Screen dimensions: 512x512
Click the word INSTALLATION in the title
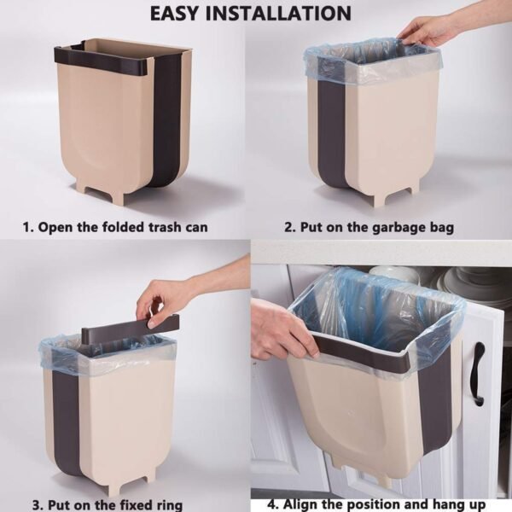point(286,14)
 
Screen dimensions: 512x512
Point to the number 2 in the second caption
point(288,228)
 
